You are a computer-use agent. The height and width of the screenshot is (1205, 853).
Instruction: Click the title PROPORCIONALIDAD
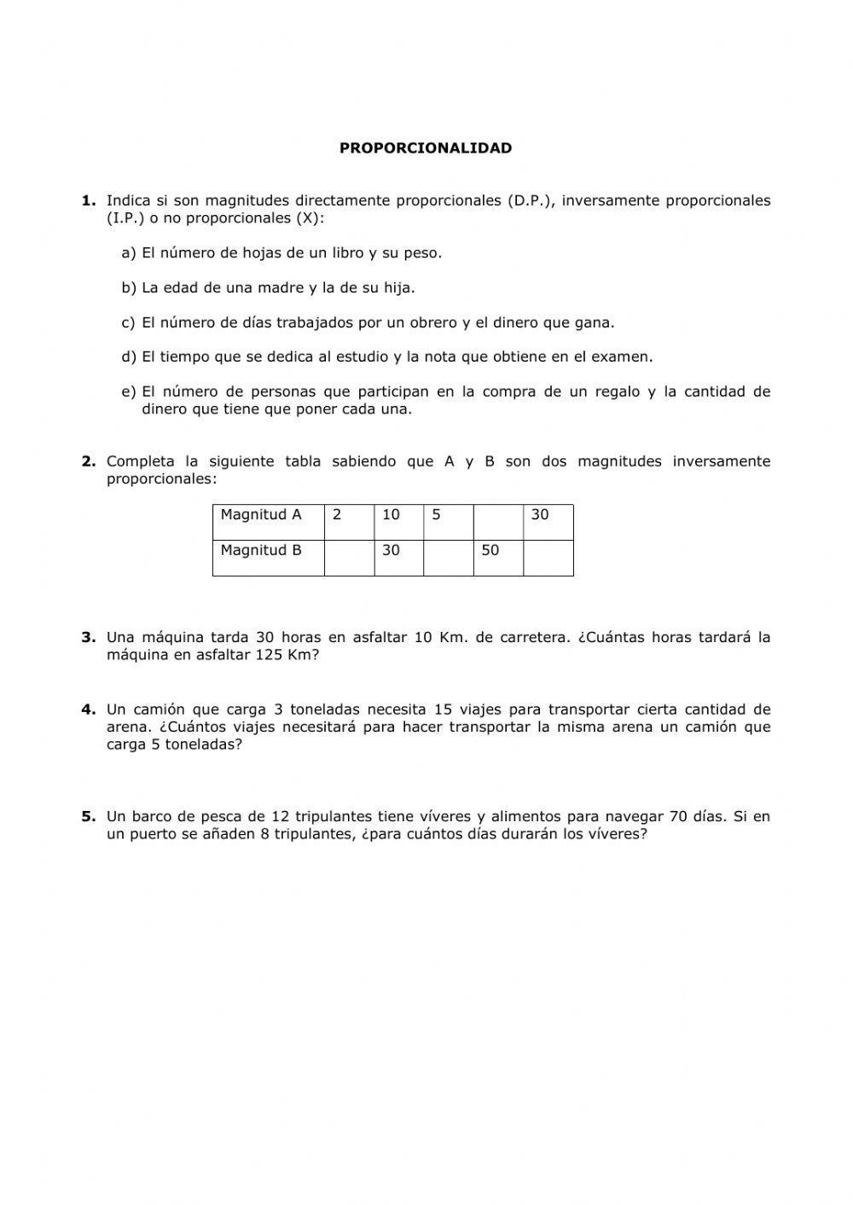click(x=426, y=148)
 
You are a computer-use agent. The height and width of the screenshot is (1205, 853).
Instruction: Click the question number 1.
click(x=88, y=201)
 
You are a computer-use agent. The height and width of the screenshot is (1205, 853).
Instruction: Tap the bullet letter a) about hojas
click(x=129, y=253)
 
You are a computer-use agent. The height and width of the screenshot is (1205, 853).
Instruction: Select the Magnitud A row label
click(x=261, y=515)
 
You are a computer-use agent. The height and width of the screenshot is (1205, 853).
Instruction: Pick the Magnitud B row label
click(x=261, y=551)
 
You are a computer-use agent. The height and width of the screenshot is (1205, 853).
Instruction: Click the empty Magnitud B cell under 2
click(x=349, y=558)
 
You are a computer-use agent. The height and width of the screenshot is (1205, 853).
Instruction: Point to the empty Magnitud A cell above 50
click(x=498, y=521)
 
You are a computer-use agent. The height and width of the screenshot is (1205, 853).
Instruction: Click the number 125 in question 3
click(x=270, y=656)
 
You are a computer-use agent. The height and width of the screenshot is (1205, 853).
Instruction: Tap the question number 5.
click(x=88, y=817)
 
